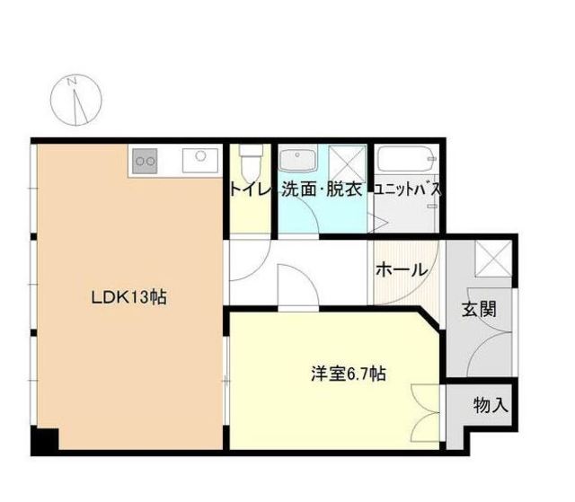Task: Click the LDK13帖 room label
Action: coord(128,297)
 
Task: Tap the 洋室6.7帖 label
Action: coord(348,374)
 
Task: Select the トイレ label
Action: coord(251,189)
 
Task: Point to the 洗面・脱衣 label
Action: coord(322,189)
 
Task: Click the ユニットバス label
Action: coord(407,189)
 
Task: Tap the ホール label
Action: coord(402,270)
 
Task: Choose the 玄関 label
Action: coord(479,309)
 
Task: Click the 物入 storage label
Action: coord(491,405)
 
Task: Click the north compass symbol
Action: coord(75,100)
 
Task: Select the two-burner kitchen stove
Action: coord(145,161)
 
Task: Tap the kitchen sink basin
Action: coord(200,160)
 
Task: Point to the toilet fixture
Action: coord(251,162)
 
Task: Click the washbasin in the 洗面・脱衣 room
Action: coord(297,159)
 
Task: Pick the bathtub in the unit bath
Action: coord(407,159)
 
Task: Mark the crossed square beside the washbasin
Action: coord(348,163)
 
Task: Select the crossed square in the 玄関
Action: coord(493,259)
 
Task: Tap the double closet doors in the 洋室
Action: coord(425,413)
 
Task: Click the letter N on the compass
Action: coord(72,82)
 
